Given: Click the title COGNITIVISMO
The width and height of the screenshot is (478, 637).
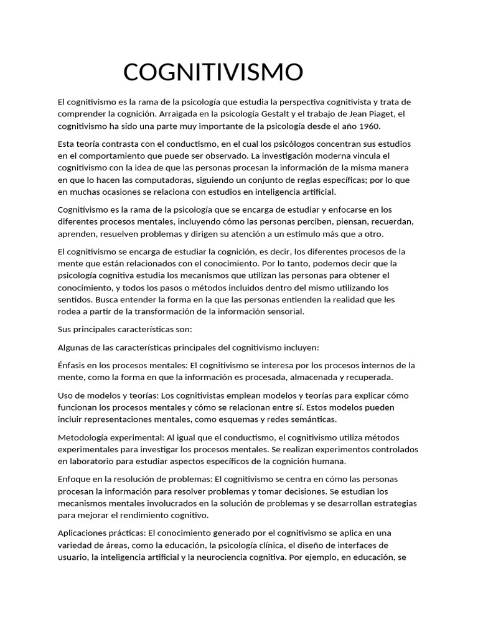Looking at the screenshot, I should pos(213,72).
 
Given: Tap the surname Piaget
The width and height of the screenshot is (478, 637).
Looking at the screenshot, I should pos(379,114).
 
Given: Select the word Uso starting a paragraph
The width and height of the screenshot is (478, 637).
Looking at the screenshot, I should pos(65,396).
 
